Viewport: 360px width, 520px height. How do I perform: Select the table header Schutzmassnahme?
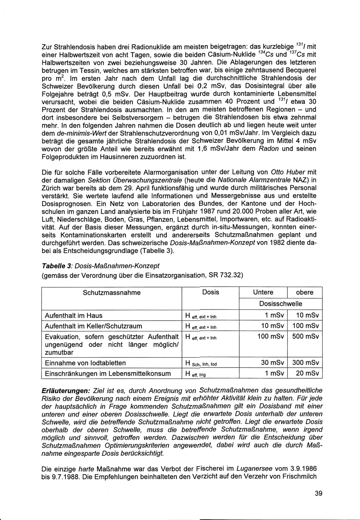[112, 292]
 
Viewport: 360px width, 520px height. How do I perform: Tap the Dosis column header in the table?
[211, 292]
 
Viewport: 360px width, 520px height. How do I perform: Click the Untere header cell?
[263, 292]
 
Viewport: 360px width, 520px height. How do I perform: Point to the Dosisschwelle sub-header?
[281, 304]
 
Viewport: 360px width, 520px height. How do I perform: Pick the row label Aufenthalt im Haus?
[73, 316]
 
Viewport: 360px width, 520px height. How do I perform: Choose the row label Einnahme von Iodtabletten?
[85, 363]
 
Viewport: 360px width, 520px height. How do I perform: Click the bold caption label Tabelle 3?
[56, 266]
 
